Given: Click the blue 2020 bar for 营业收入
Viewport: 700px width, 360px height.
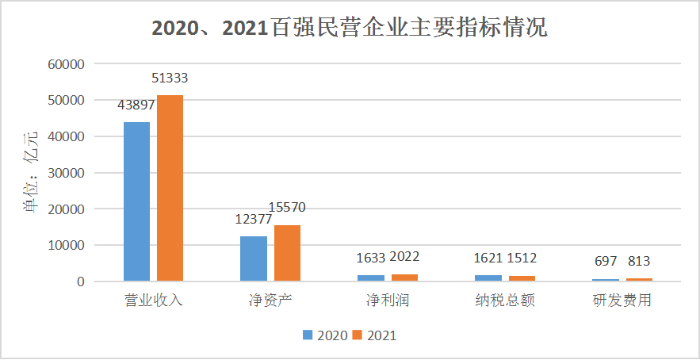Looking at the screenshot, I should [136, 201].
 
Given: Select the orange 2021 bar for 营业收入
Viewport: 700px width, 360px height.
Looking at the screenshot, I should [170, 188].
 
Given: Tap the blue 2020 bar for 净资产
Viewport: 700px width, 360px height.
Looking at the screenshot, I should [253, 259].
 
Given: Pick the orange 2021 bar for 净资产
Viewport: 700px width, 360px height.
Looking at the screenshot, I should [287, 253].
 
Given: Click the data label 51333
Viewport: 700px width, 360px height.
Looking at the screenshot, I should [170, 79].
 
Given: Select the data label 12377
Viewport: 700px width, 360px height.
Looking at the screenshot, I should [254, 219].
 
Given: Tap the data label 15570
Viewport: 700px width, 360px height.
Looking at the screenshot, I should [287, 208].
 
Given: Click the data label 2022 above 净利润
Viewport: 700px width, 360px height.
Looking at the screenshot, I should [405, 256].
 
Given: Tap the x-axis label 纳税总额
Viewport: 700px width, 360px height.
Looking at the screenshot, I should [506, 301].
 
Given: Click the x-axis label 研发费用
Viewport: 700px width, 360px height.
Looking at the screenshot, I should [622, 301].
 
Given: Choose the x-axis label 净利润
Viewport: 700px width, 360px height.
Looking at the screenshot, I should [388, 301].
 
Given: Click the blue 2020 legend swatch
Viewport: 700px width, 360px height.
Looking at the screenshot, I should [308, 335].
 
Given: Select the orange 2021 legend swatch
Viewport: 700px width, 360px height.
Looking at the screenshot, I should [357, 335].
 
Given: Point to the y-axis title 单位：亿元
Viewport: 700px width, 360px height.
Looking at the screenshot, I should [30, 173].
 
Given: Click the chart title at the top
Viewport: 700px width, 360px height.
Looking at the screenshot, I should [350, 29].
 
